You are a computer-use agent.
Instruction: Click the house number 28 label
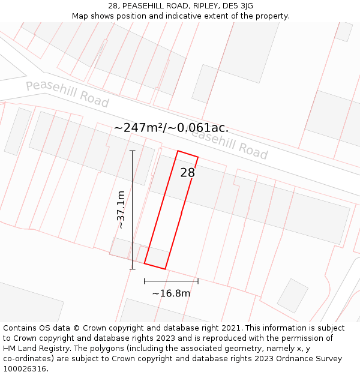point(188,173)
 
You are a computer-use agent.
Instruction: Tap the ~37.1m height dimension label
point(121,209)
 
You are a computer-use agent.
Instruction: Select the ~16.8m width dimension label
point(171,293)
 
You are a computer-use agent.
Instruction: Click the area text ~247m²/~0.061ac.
point(171,128)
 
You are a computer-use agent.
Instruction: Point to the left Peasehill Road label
point(67,94)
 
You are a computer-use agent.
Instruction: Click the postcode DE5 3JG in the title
point(238,6)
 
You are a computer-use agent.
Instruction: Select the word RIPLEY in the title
point(205,6)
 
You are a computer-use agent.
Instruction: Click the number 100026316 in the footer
point(24,369)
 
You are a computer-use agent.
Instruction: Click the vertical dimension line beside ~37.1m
point(132,209)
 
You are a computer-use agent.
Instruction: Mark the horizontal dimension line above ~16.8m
point(171,281)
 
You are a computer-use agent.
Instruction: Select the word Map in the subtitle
point(80,16)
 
